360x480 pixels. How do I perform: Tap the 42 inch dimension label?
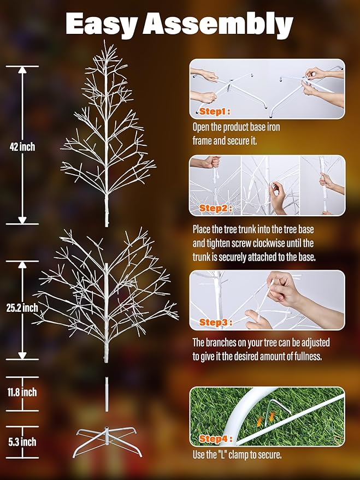click(22, 147)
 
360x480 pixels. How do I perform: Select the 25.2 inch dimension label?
click(22, 308)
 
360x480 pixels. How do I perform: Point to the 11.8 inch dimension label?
click(22, 392)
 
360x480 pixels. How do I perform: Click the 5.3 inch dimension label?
click(22, 441)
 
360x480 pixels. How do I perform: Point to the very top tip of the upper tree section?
click(105, 42)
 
